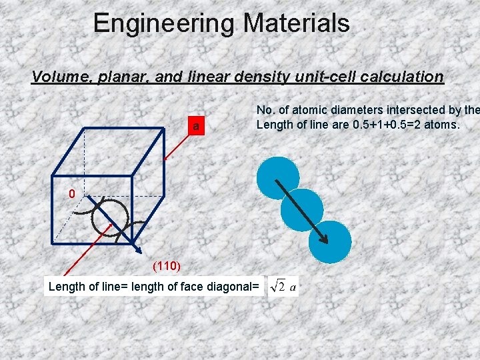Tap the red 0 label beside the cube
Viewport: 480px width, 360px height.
click(72, 194)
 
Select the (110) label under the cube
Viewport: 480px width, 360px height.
click(166, 267)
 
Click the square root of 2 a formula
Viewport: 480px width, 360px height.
click(283, 287)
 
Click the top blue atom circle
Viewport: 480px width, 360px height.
click(278, 178)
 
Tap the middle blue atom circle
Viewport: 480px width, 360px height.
click(302, 209)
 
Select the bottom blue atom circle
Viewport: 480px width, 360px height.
click(329, 241)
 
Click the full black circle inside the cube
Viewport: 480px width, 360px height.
click(110, 217)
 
